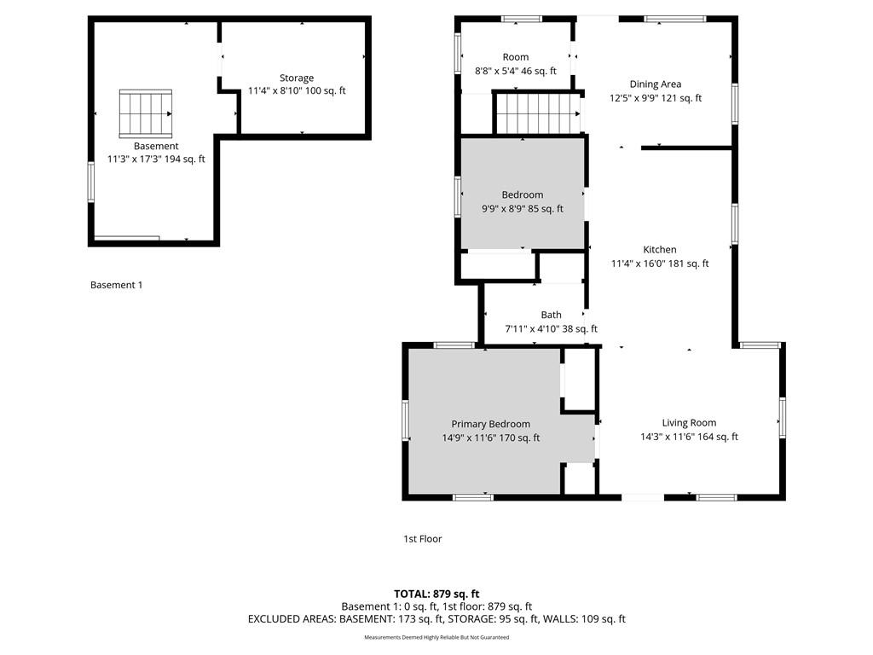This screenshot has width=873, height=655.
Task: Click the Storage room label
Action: tap(297, 78)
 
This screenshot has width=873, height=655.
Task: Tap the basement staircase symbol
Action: tap(145, 113)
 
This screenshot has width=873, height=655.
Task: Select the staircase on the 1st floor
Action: tap(538, 113)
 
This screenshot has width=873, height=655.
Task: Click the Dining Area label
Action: tap(656, 84)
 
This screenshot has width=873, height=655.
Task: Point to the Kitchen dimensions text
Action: tap(660, 264)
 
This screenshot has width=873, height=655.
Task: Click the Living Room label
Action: tap(689, 423)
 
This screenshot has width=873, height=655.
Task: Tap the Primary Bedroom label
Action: tap(490, 424)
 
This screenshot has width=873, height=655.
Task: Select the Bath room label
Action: tap(552, 315)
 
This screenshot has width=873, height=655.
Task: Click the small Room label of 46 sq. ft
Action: tap(516, 57)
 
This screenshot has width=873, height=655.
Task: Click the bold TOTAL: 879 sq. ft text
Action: tap(436, 594)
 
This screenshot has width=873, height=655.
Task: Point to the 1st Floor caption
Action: tap(423, 539)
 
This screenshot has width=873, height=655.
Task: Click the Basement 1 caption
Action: tap(116, 285)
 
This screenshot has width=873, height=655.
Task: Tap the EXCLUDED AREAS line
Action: tap(436, 619)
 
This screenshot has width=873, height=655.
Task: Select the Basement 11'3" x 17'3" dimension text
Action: tap(156, 159)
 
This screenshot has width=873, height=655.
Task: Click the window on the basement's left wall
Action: tap(90, 182)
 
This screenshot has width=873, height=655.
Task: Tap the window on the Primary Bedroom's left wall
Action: tap(405, 420)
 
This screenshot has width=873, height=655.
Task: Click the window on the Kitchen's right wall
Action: tap(735, 224)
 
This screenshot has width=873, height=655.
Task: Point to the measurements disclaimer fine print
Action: tap(436, 637)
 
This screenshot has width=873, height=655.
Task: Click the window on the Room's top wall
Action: tap(522, 19)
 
